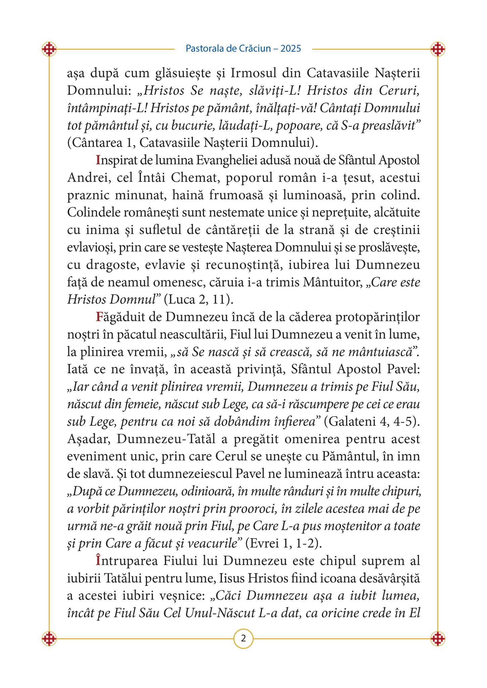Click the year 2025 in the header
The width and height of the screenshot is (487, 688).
point(291,49)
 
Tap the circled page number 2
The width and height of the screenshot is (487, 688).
point(243,638)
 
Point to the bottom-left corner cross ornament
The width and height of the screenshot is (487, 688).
point(49,638)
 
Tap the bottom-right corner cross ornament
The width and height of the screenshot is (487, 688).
point(438,638)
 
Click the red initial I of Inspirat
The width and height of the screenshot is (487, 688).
point(98,160)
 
